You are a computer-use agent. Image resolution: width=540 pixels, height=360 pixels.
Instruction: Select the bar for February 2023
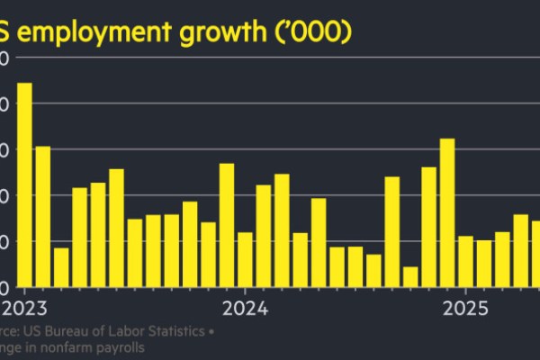coord(42,216)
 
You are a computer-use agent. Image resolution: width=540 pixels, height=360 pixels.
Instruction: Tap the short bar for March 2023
coord(61,267)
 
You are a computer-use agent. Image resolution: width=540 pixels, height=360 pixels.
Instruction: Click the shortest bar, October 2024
coord(410,276)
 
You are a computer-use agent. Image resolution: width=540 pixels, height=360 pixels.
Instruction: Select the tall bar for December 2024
coord(447,212)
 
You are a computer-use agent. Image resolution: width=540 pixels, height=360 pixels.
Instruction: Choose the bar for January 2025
coord(465,261)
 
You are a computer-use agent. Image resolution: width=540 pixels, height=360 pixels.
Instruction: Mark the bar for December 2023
coord(227,225)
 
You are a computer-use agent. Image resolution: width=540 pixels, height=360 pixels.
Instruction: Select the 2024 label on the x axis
coord(245,309)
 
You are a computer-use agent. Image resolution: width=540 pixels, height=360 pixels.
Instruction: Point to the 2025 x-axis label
coord(465,309)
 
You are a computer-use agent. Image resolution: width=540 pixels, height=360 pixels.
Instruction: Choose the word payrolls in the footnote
coord(125,347)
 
